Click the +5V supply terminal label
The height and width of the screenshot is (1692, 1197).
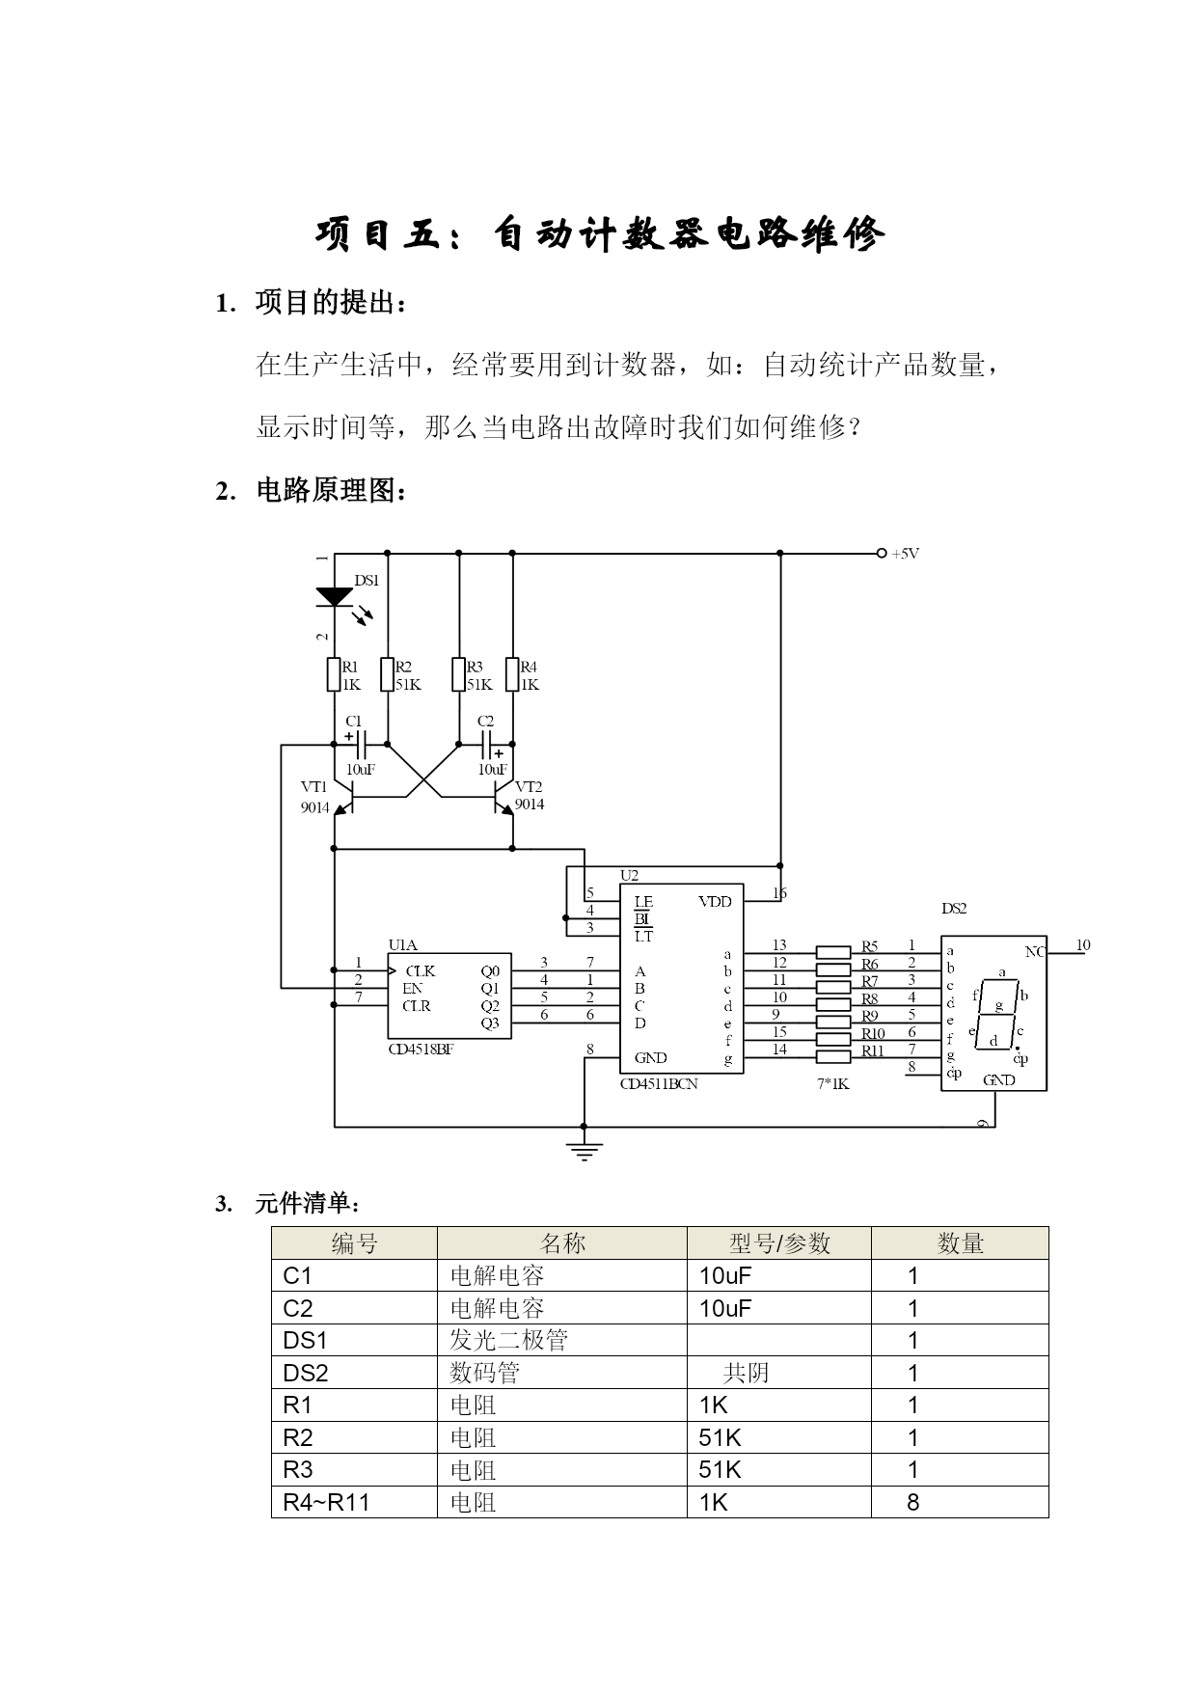pyautogui.click(x=905, y=554)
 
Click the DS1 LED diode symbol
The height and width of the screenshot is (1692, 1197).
pyautogui.click(x=335, y=597)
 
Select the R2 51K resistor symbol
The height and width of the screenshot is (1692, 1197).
pyautogui.click(x=387, y=674)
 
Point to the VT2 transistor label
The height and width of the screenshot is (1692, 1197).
pyautogui.click(x=529, y=786)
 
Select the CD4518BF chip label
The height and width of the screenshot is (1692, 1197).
pyautogui.click(x=421, y=1050)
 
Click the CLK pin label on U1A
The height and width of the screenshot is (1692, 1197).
pyautogui.click(x=420, y=971)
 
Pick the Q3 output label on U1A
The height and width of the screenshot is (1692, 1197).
pyautogui.click(x=490, y=1023)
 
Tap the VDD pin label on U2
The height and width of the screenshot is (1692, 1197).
pyautogui.click(x=715, y=902)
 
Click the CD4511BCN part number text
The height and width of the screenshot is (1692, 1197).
pyautogui.click(x=659, y=1083)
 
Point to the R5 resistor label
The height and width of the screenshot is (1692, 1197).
pyautogui.click(x=870, y=946)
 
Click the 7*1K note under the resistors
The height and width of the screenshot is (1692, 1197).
pyautogui.click(x=832, y=1083)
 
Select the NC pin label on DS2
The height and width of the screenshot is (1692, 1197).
pyautogui.click(x=1034, y=952)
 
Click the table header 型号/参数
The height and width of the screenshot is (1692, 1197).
pyautogui.click(x=779, y=1243)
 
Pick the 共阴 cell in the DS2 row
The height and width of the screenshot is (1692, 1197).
pyautogui.click(x=746, y=1373)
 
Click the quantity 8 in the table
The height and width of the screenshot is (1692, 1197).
pyautogui.click(x=913, y=1502)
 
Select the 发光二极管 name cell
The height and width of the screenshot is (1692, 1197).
pyautogui.click(x=509, y=1340)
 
